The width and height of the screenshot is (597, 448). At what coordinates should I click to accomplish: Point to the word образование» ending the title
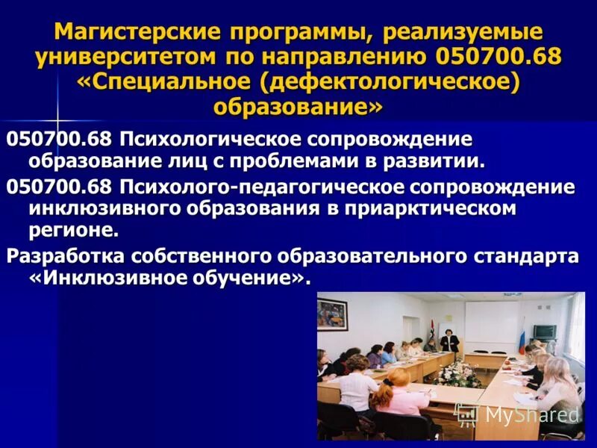pyautogui.click(x=298, y=105)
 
